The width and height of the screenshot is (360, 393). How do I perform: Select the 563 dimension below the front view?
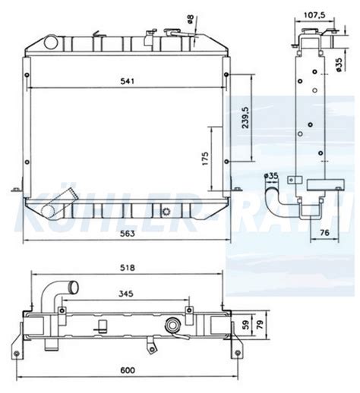tap(126, 233)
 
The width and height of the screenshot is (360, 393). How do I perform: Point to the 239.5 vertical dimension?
tap(244, 118)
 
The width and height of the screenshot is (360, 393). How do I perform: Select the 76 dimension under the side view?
tap(323, 232)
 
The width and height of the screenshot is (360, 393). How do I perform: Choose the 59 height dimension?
tap(245, 325)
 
